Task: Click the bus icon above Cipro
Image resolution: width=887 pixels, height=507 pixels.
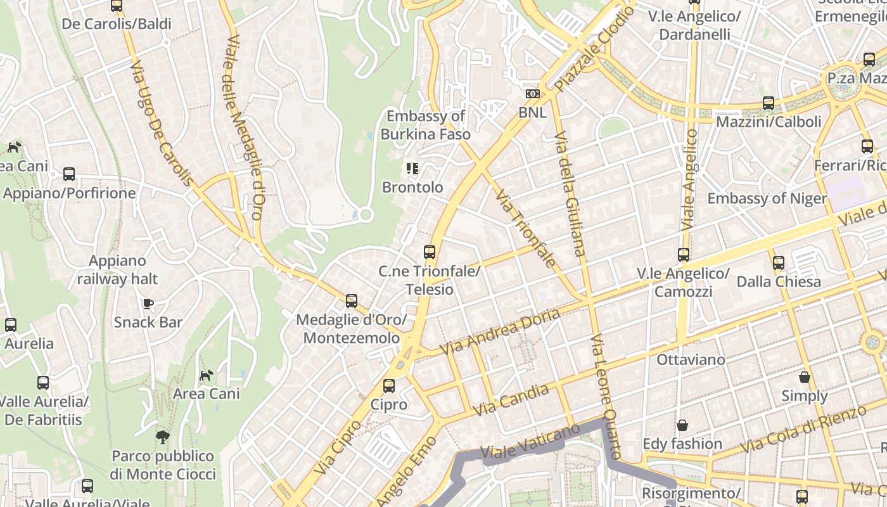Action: tap(389, 385)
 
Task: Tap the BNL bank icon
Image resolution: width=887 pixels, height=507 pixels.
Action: tap(533, 94)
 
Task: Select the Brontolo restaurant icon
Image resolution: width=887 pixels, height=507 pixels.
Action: tap(412, 169)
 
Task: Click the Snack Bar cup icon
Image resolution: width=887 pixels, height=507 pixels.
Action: tap(148, 304)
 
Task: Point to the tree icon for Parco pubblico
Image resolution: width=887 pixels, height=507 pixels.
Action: tap(163, 437)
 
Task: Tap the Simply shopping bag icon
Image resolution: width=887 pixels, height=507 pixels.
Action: tap(805, 377)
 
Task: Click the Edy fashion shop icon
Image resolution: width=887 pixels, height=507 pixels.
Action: tap(682, 425)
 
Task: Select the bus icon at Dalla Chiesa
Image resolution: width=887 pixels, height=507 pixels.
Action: tap(779, 262)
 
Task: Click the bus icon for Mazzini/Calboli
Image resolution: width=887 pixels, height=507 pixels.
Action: tap(769, 103)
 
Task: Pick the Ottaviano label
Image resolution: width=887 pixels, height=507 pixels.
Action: tap(691, 359)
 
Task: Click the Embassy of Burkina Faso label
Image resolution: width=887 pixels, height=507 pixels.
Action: tap(426, 125)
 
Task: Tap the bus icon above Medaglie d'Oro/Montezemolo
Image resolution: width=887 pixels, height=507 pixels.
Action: tap(352, 301)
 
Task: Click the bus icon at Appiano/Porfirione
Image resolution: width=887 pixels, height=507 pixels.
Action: tap(69, 174)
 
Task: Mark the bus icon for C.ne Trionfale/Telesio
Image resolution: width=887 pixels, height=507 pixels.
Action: tap(430, 252)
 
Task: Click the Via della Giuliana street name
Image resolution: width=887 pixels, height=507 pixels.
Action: tap(569, 193)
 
